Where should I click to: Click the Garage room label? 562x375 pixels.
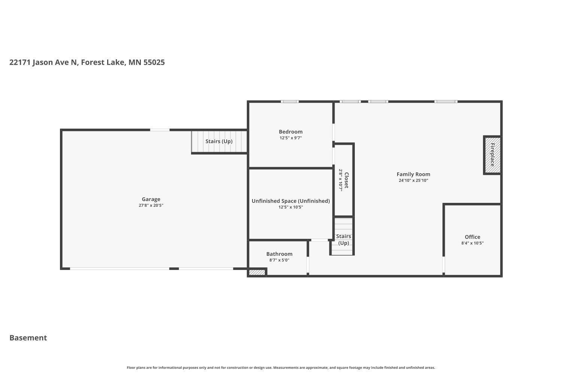(151, 199)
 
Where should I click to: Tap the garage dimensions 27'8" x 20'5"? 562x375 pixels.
(151, 205)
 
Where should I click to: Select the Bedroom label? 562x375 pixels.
(290, 132)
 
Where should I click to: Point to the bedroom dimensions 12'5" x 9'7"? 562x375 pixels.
(290, 138)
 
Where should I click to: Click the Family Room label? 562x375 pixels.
(413, 174)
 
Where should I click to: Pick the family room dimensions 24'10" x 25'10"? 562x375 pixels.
(413, 180)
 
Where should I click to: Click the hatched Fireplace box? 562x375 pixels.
(492, 155)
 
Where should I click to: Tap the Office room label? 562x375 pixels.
(472, 237)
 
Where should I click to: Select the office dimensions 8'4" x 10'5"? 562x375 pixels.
(472, 243)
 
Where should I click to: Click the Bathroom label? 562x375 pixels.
(279, 254)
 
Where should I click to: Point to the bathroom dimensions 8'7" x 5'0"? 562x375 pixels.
(279, 260)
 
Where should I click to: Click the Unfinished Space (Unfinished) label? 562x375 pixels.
(290, 201)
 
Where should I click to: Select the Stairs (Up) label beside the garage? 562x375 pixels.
(219, 141)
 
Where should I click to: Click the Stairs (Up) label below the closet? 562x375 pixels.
(343, 239)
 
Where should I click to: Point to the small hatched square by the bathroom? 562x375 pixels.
(257, 273)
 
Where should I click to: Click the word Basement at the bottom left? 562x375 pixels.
(28, 337)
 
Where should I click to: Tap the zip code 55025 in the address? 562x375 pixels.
(154, 62)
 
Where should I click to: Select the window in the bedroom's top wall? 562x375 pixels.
(290, 102)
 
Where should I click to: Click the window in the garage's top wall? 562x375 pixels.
(160, 130)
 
